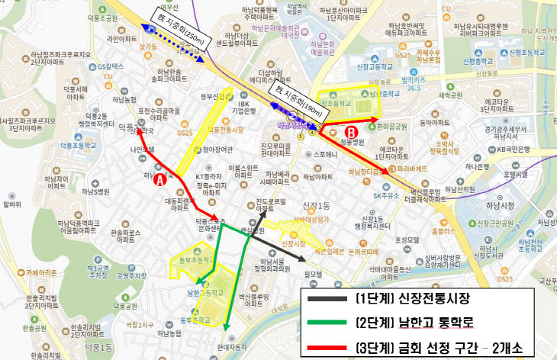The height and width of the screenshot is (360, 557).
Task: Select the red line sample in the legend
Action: [x=327, y=348]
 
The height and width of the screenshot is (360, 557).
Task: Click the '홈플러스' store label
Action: [x=444, y=230]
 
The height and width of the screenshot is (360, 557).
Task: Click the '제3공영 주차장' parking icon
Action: [x=100, y=272]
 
